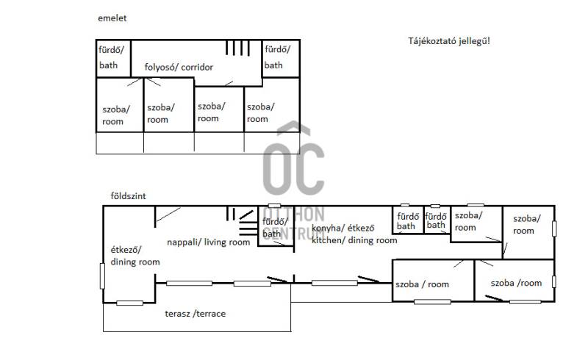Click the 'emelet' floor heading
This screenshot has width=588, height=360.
tap(112, 18)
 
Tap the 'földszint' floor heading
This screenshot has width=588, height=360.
tap(128, 196)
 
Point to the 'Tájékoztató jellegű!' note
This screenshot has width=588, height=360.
tap(449, 41)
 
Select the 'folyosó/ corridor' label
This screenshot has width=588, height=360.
tap(179, 67)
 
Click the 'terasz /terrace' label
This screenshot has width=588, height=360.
tap(196, 314)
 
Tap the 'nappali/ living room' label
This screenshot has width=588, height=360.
tap(209, 242)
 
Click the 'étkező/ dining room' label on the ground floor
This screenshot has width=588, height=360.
tap(135, 256)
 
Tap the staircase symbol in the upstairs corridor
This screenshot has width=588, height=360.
tap(237, 48)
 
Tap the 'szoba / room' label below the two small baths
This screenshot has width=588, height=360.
tap(422, 284)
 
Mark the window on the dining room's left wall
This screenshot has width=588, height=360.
tap(102, 276)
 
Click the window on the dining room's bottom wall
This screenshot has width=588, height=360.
tap(130, 303)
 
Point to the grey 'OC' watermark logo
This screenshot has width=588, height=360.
tap(293, 161)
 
